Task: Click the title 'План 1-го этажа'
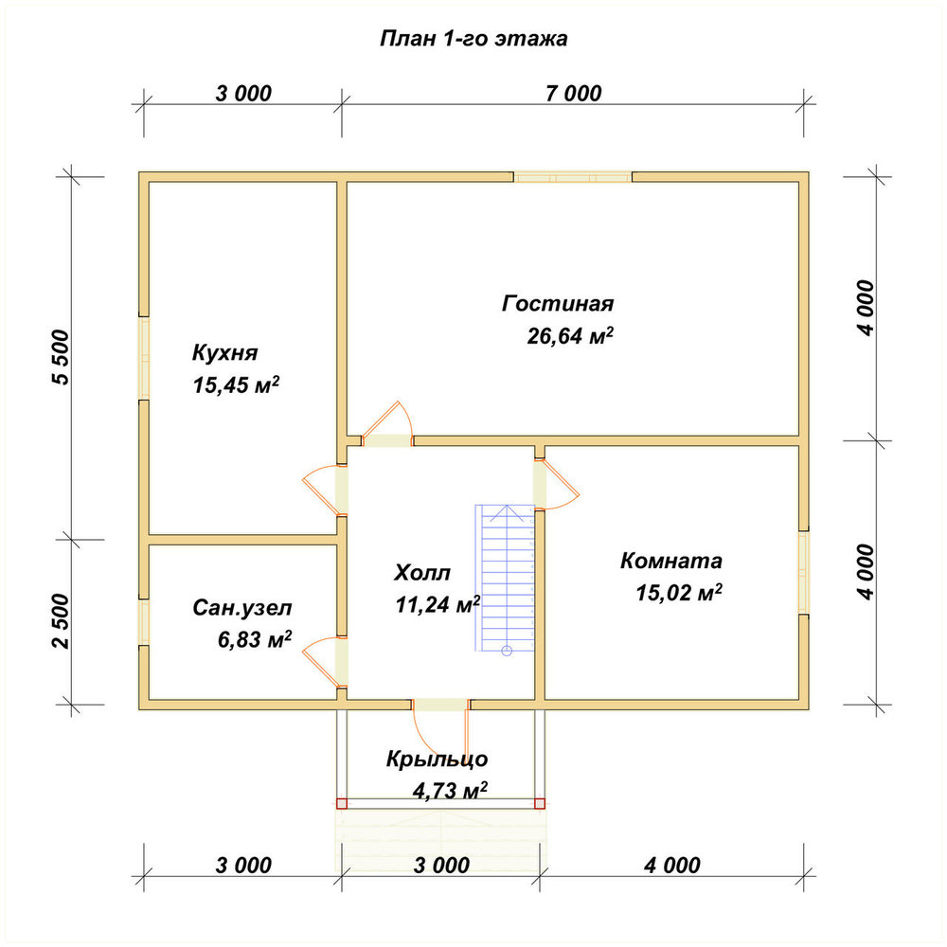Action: pos(473,39)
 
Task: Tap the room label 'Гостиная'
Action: pos(558,303)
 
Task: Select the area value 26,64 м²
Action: pos(570,335)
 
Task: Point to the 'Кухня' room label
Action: pos(224,352)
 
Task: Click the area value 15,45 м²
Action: pos(236,384)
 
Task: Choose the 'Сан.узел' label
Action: pos(242,608)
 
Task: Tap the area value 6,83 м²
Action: pos(255,639)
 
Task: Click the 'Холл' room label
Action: pos(422,573)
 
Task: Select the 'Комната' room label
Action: pos(671,561)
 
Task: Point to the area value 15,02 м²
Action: pos(679,593)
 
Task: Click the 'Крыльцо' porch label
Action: pos(437,759)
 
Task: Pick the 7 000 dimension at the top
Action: pos(574,94)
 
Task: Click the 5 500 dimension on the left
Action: pos(62,357)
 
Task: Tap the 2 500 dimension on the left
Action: pos(62,621)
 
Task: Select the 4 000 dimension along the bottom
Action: pos(672,866)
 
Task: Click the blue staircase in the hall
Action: pos(506,579)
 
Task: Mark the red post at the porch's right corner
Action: pos(540,804)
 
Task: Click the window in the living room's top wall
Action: pos(573,177)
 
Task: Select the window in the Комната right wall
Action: pos(804,573)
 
